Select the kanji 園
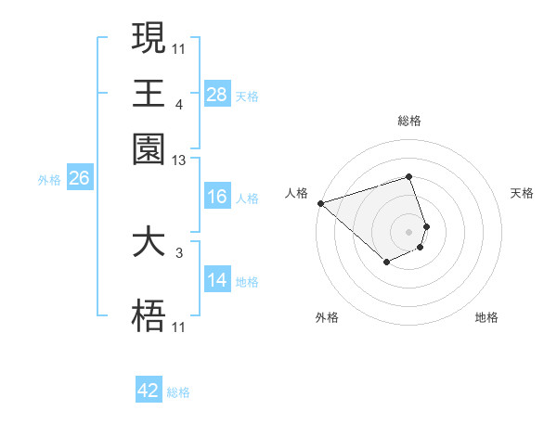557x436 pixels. (x=149, y=148)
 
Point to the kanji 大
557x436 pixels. (x=149, y=243)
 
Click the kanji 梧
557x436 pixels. (x=149, y=317)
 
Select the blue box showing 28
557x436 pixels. (x=217, y=94)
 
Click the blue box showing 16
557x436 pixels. (x=217, y=197)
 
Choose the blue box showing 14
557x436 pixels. (x=217, y=280)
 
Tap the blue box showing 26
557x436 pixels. (x=79, y=179)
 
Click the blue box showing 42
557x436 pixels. (x=149, y=391)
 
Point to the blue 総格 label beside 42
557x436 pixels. (x=178, y=392)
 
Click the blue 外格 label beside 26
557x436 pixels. (x=48, y=180)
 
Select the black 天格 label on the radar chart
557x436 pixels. (x=522, y=193)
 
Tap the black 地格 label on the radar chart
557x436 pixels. (x=486, y=318)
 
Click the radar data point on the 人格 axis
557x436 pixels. (x=320, y=203)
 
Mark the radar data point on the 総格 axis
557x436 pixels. (x=408, y=176)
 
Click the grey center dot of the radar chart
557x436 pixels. (x=408, y=231)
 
